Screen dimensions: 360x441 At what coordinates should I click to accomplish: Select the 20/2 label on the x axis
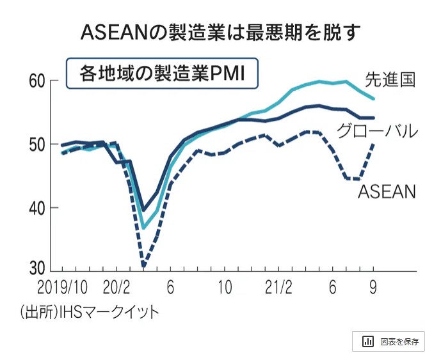pos(116,286)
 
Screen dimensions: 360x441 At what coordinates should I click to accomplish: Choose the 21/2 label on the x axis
pos(278,286)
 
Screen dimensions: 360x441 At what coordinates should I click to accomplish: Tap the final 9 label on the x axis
pos(371,286)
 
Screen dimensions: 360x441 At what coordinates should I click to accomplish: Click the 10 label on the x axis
pos(224,286)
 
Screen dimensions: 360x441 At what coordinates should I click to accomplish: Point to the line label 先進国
pos(390,79)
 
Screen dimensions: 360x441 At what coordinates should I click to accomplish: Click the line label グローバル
pos(377,132)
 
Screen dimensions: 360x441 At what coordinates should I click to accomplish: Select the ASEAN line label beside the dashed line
pos(387,191)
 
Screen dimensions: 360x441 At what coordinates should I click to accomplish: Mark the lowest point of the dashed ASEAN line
pos(144,266)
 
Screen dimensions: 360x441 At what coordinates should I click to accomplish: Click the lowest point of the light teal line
pos(144,228)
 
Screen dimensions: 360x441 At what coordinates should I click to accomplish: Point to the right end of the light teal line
pos(374,98)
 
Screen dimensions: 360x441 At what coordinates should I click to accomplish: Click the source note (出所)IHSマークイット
pos(89,312)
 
